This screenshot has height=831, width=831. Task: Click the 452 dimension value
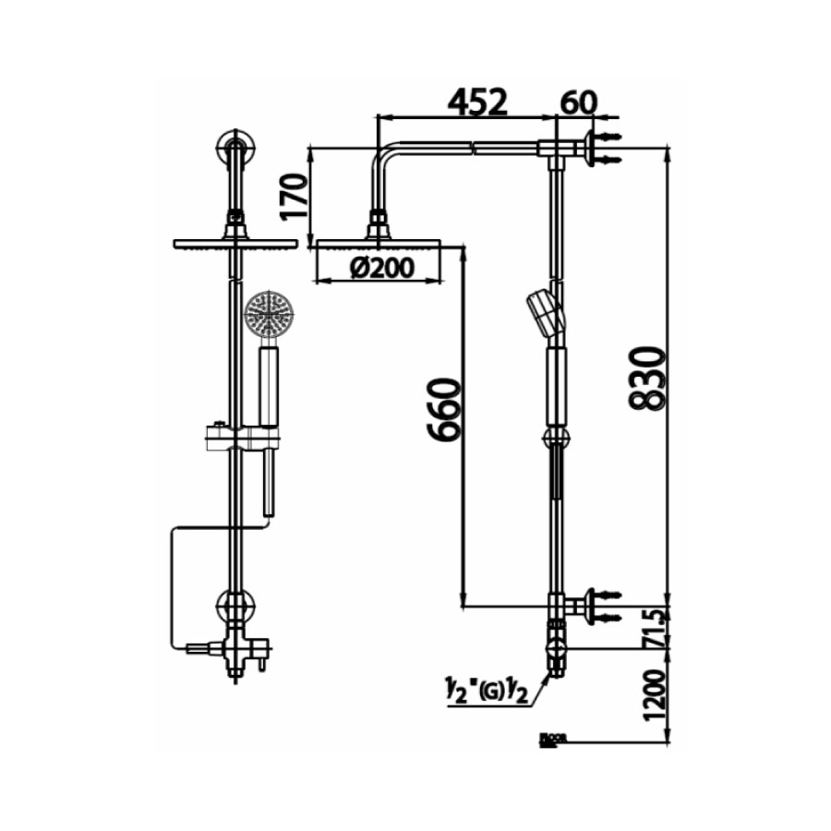point(477,102)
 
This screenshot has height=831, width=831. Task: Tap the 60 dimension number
point(579,102)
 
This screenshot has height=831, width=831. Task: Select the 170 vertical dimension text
point(295,193)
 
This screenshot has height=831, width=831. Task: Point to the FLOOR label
point(553,739)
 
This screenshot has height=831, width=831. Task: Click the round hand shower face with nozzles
point(269,315)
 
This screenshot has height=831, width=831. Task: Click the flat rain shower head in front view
point(235,243)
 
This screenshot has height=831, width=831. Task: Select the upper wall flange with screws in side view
point(591,148)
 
